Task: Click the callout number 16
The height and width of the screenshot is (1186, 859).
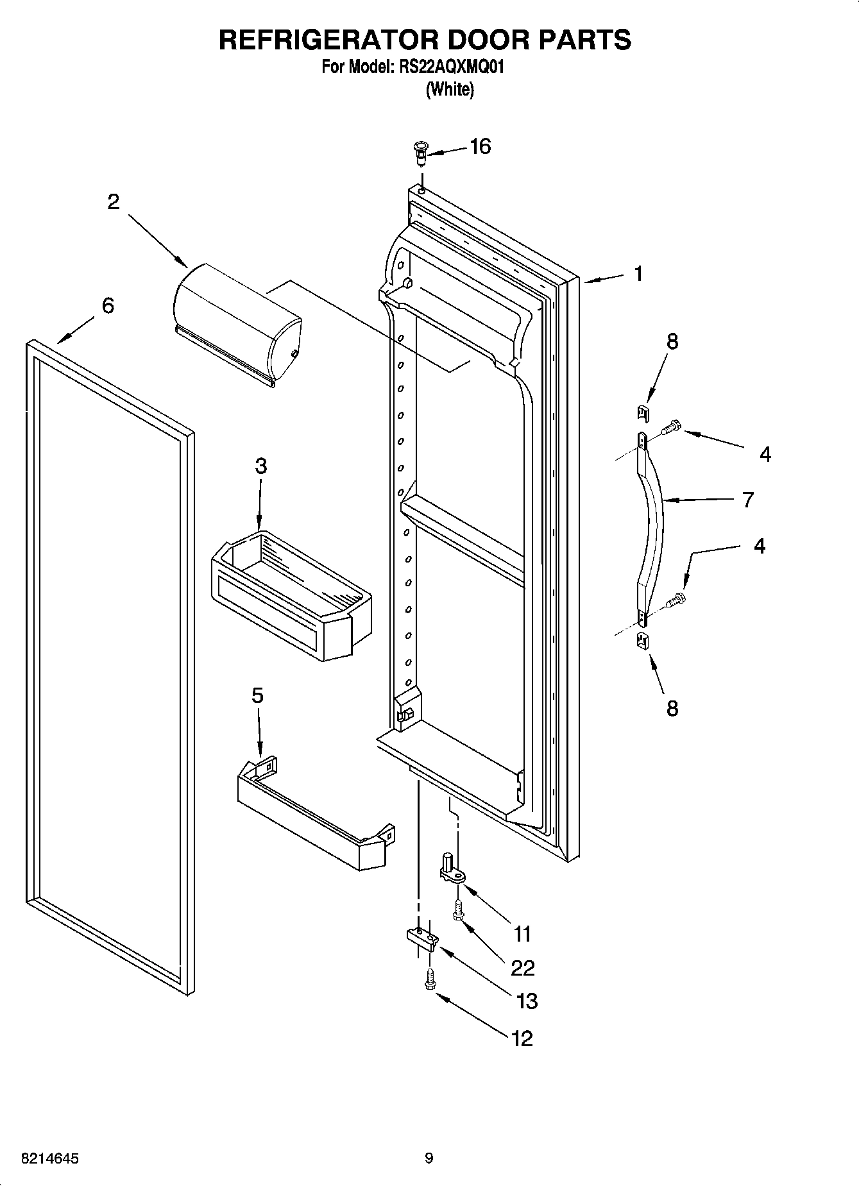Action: click(480, 147)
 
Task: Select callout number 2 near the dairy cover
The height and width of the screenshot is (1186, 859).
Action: click(113, 202)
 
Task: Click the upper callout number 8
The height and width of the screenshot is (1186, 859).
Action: click(672, 341)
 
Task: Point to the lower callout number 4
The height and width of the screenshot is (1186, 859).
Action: click(760, 546)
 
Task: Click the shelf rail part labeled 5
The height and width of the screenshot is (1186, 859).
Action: click(314, 811)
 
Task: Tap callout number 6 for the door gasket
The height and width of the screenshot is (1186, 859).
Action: click(108, 305)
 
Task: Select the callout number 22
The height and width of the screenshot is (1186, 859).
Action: click(523, 967)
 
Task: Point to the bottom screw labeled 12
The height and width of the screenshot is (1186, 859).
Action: click(429, 979)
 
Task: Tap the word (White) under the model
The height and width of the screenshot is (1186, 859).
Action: click(450, 89)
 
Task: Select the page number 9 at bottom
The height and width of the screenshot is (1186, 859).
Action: click(429, 1158)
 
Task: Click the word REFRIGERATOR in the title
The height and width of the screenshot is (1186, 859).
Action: click(328, 40)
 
